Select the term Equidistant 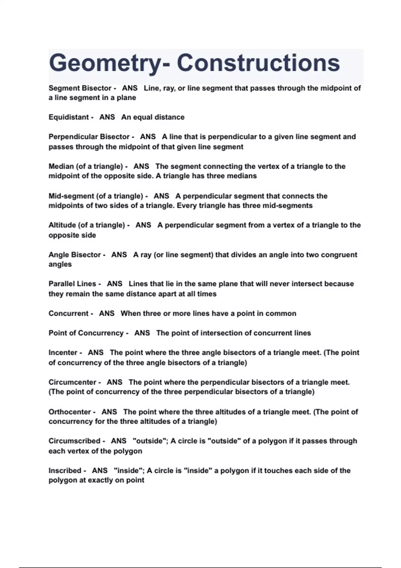pyautogui.click(x=69, y=117)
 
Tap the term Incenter pyautogui.click(x=63, y=353)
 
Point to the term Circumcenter pyautogui.click(x=73, y=382)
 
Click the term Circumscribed pyautogui.click(x=75, y=441)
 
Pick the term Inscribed pyautogui.click(x=65, y=471)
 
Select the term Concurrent pyautogui.click(x=69, y=314)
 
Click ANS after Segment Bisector pyautogui.click(x=130, y=88)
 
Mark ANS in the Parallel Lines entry pyautogui.click(x=115, y=284)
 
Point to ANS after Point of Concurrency pyautogui.click(x=142, y=333)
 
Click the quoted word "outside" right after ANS pyautogui.click(x=150, y=441)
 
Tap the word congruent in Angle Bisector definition pyautogui.click(x=339, y=255)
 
